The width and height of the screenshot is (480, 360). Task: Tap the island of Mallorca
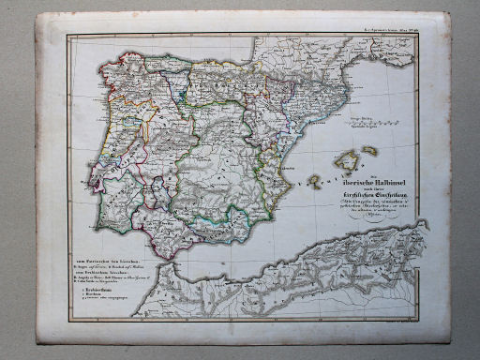[347, 160]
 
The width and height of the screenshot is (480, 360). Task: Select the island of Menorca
[369, 150]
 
